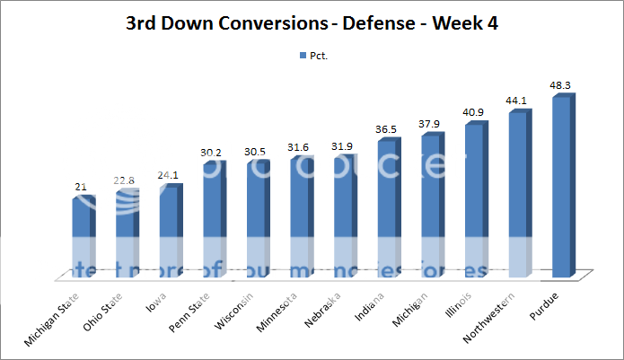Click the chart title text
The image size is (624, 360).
(x=312, y=22)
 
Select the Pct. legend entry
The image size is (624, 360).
(x=312, y=55)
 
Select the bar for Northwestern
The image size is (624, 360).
(x=519, y=193)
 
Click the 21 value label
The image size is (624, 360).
(x=82, y=187)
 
